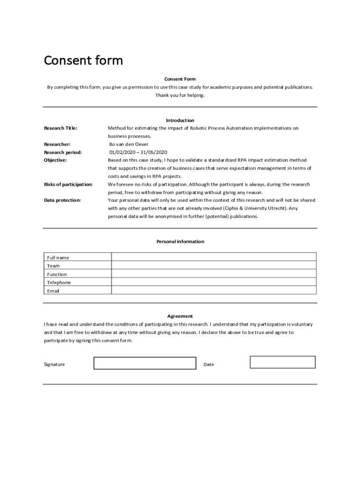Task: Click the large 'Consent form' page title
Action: (x=83, y=60)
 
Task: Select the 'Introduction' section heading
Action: (x=180, y=120)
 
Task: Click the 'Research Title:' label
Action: (x=61, y=128)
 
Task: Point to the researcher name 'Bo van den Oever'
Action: (x=129, y=145)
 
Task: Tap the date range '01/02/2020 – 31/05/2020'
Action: (x=138, y=152)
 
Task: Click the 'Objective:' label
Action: (x=56, y=160)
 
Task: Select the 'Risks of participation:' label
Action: (x=68, y=184)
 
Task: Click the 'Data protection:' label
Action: (x=62, y=200)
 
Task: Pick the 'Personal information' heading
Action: (x=180, y=242)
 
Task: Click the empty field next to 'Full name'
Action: (x=214, y=257)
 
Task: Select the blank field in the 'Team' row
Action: (x=214, y=265)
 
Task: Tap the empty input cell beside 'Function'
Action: (x=214, y=274)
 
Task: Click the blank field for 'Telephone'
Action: (x=214, y=282)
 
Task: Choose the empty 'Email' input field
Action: (x=214, y=290)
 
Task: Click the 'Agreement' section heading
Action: (x=180, y=316)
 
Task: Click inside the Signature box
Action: (x=145, y=363)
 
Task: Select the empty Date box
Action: (x=282, y=362)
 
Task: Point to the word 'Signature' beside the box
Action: (x=55, y=364)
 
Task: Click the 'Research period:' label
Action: (x=63, y=152)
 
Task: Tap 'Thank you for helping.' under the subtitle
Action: (x=180, y=95)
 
